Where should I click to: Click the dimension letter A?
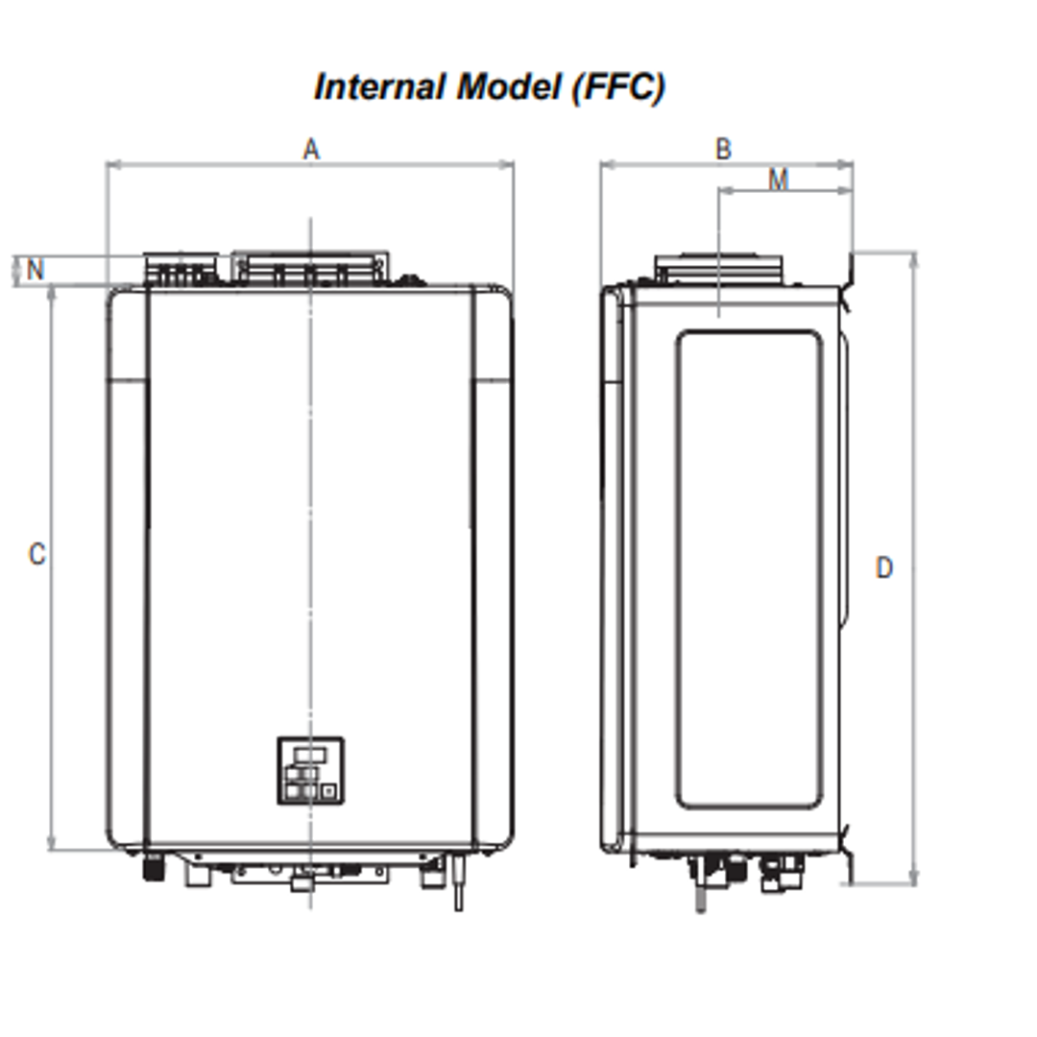pos(310,149)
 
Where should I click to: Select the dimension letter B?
pos(723,149)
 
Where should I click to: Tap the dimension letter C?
pos(36,554)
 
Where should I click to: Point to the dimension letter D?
pos(883,568)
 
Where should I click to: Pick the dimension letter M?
pos(778,180)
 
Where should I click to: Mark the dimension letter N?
pos(36,270)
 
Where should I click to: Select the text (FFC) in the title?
pos(616,87)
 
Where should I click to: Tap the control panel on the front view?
pos(310,770)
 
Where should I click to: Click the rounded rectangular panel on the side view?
pos(748,569)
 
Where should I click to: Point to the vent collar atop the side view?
pos(718,269)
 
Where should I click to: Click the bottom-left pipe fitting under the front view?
pos(152,867)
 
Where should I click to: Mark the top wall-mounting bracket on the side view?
pos(848,271)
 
